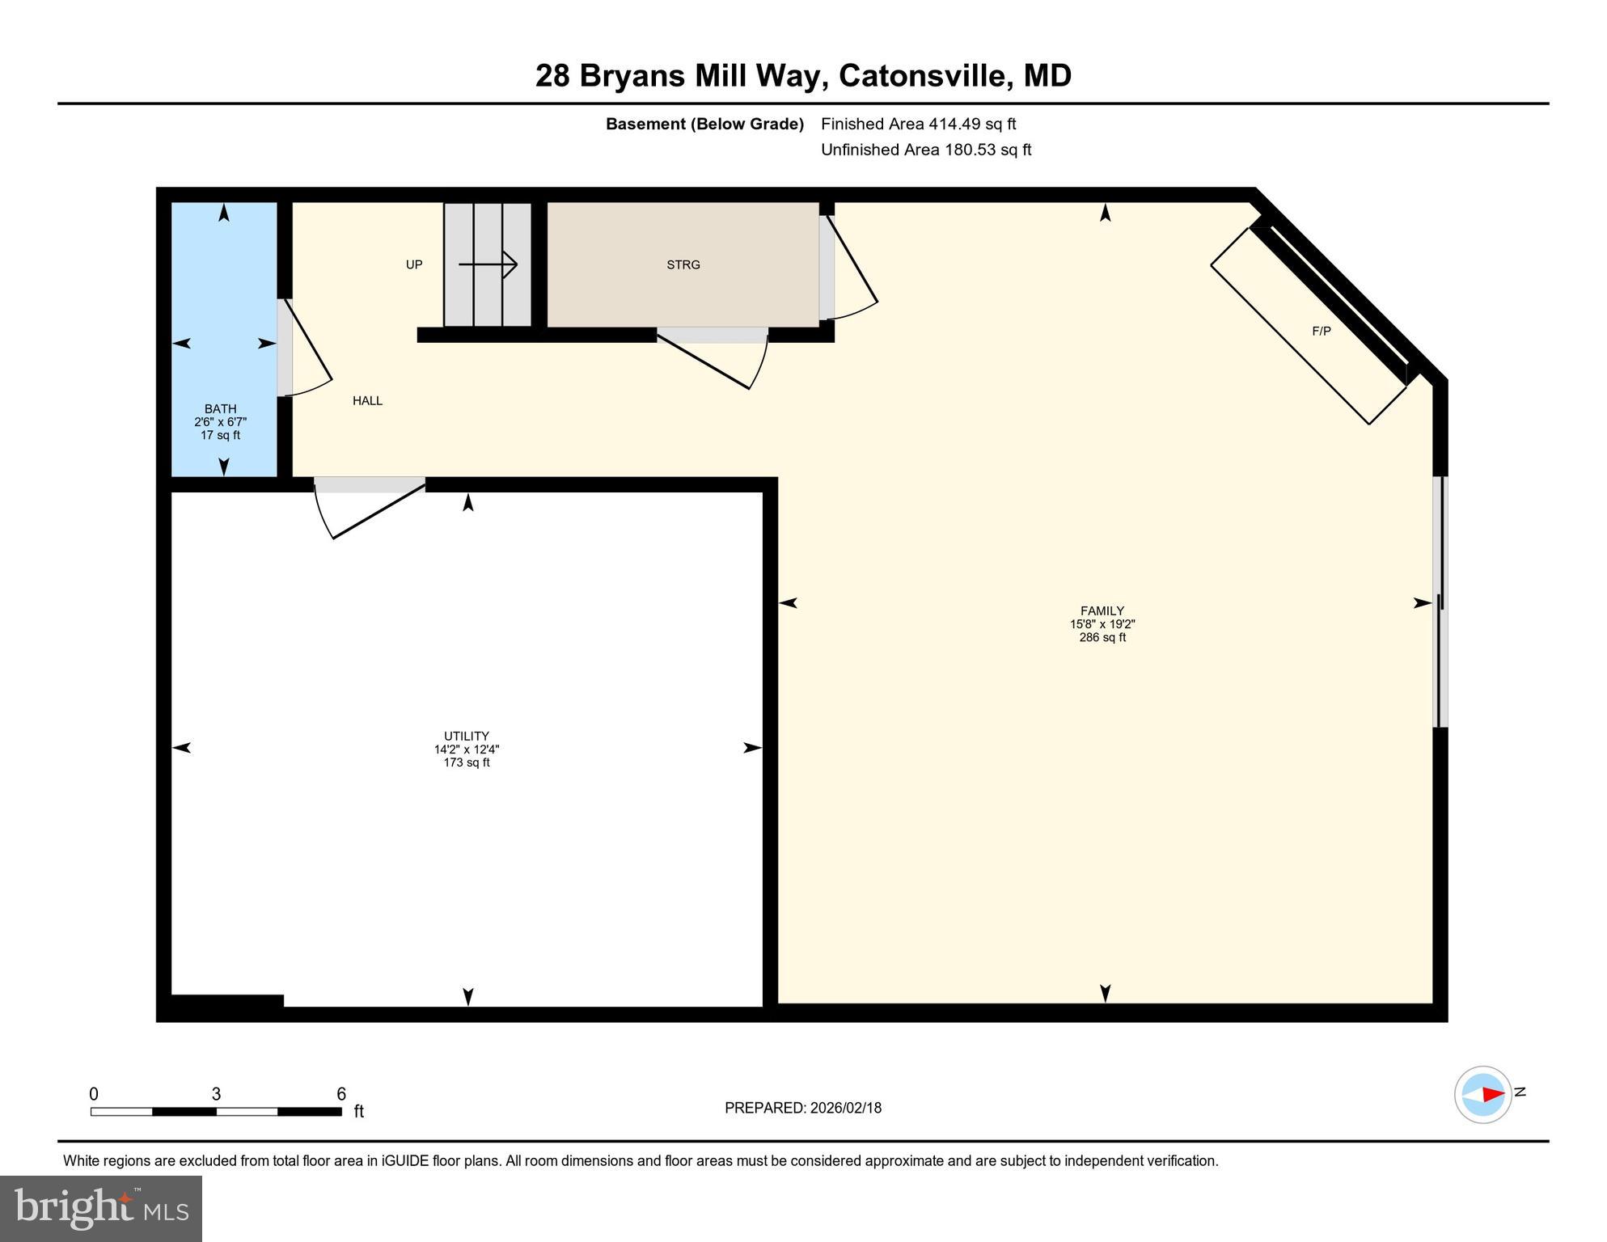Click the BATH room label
pos(220,409)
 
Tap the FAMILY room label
pos(1102,611)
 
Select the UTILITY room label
pos(466,737)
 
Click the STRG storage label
pos(683,264)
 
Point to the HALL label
pos(367,400)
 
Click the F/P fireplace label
pos(1321,331)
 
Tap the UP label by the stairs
pos(414,264)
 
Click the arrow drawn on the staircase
pos(488,264)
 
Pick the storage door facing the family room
pos(849,267)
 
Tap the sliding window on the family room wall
pos(1440,602)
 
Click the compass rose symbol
pos(1482,1094)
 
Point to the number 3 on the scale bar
pos(216,1094)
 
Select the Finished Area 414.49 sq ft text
pos(918,124)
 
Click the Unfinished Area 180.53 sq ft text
pos(925,150)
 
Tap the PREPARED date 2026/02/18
pos(802,1108)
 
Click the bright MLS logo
pos(101,1208)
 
